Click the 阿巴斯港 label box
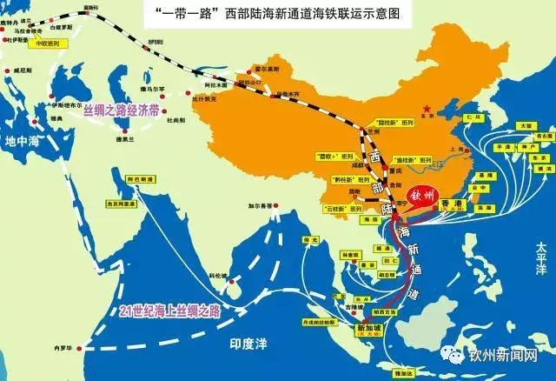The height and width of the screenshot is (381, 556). pyautogui.click(x=141, y=179)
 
